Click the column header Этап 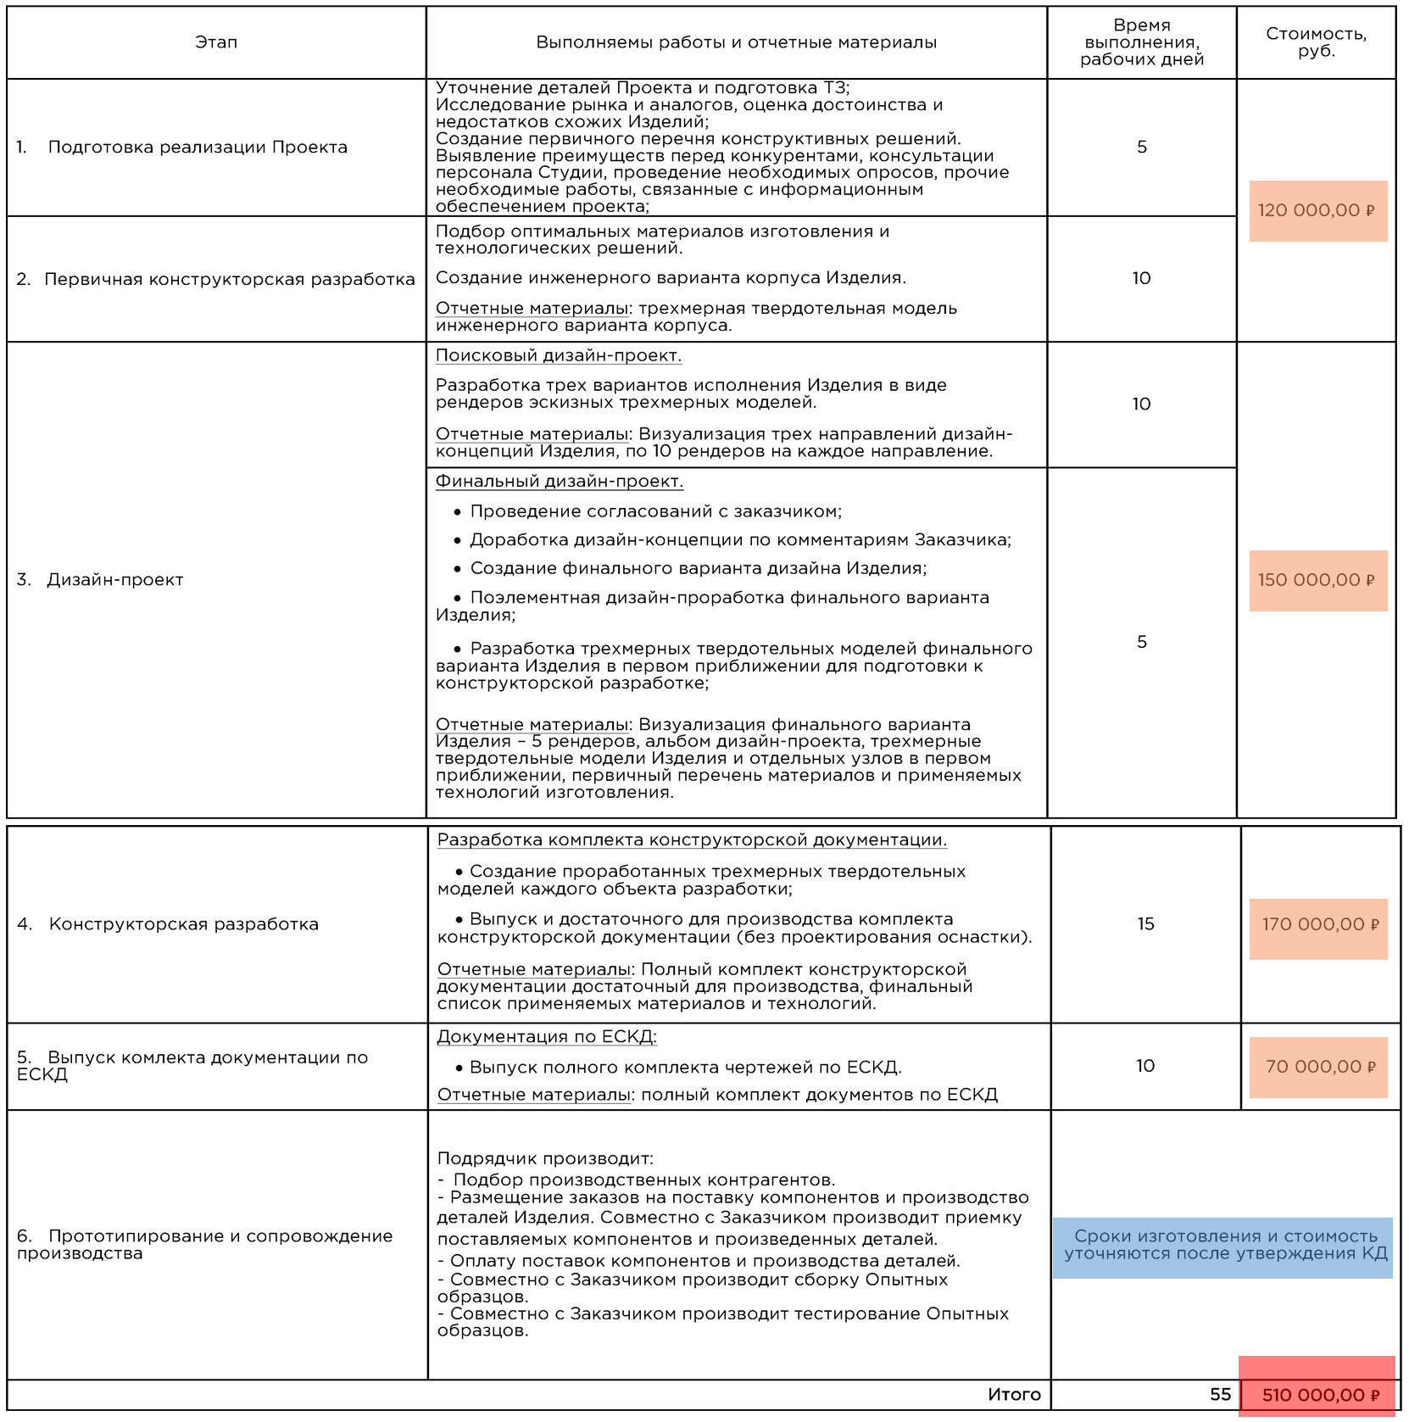(x=216, y=42)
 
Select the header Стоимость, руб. (x=1316, y=42)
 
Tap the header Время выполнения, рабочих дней (x=1141, y=42)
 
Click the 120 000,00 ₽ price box (x=1317, y=210)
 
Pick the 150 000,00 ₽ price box (x=1317, y=580)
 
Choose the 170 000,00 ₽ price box (x=1318, y=924)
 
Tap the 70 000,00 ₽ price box (x=1318, y=1067)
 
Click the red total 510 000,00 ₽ (x=1318, y=1395)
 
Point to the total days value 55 (x=1220, y=1395)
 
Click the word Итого (x=1014, y=1395)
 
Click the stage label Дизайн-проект (x=115, y=580)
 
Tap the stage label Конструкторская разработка (x=183, y=924)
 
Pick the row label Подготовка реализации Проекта (x=198, y=148)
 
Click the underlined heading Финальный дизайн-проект (x=559, y=482)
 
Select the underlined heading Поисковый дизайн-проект (x=558, y=356)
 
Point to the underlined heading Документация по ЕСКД (x=547, y=1036)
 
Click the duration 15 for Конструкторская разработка (x=1145, y=924)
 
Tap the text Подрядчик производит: (x=545, y=1158)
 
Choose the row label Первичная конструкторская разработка (x=229, y=280)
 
